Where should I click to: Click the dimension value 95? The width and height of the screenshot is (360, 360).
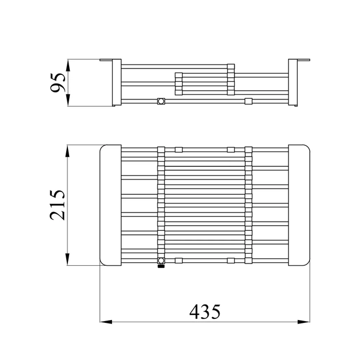click(58, 83)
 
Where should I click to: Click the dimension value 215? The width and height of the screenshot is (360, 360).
click(58, 205)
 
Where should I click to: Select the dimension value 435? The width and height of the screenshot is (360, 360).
click(205, 312)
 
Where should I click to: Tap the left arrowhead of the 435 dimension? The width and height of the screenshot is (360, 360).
click(106, 322)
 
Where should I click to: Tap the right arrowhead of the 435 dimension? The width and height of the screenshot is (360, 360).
click(303, 322)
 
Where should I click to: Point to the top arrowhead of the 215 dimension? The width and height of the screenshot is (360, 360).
click(67, 151)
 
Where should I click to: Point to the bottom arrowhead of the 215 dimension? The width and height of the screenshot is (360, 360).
click(67, 259)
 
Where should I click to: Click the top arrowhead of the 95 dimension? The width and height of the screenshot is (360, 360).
click(68, 65)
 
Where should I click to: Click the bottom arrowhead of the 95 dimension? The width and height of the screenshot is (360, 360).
click(68, 100)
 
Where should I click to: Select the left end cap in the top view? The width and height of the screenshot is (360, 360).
click(111, 205)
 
